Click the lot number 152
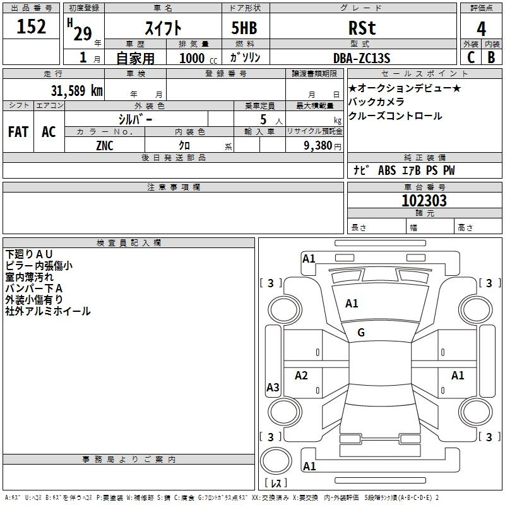(x=31, y=26)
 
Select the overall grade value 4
(x=481, y=29)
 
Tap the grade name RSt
(x=362, y=28)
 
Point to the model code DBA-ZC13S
(x=362, y=58)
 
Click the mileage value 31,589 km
(x=76, y=90)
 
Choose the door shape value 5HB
(x=244, y=28)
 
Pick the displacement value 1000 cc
(x=198, y=58)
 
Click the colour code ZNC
(x=105, y=146)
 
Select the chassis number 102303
(x=424, y=201)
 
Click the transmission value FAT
(x=18, y=132)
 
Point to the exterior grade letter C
(x=471, y=57)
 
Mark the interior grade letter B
(x=491, y=57)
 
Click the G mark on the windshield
(x=361, y=333)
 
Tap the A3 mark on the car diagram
(x=273, y=387)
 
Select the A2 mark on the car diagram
(x=301, y=375)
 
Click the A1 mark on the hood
(x=352, y=304)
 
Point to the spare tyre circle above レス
(x=276, y=461)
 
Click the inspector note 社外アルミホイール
(x=48, y=311)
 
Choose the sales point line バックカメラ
(x=376, y=102)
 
